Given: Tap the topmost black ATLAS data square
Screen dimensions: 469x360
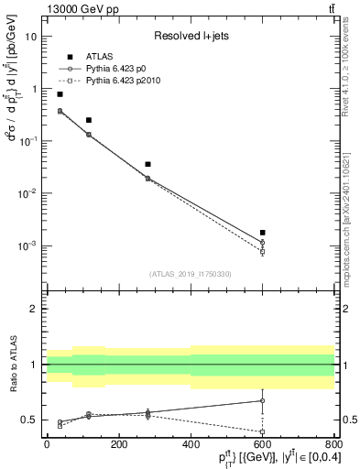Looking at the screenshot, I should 60,94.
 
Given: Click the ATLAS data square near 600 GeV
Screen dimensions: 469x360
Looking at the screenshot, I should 263,233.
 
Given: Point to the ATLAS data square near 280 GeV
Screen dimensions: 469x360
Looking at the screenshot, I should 147,164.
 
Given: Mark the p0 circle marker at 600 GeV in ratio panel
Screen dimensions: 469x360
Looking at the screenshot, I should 263,400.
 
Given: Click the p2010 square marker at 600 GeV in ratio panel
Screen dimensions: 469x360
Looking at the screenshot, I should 263,431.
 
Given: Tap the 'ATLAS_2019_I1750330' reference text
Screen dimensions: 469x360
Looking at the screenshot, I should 190,274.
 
